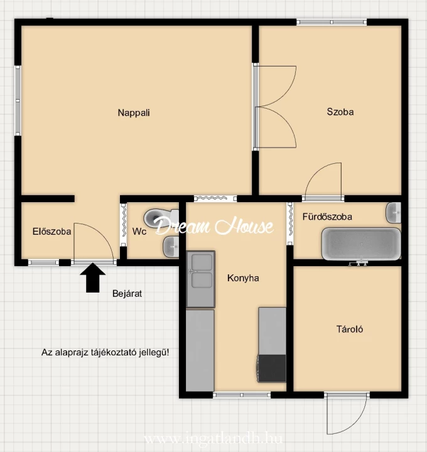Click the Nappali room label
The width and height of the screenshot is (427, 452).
point(134,113)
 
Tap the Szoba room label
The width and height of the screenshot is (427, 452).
point(340,112)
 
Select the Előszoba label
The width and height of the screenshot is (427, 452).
point(52,232)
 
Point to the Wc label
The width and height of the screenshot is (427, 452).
point(139,232)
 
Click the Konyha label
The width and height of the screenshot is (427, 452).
point(243,278)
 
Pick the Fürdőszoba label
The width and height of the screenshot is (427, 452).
point(327,217)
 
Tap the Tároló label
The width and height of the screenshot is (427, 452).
point(350,329)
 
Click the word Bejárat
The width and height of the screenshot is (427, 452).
point(127,294)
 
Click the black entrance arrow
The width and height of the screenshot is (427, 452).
point(92,277)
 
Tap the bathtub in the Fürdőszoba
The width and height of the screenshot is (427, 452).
point(361,244)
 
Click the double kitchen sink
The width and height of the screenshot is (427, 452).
point(200,279)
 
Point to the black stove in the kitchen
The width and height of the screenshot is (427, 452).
point(272,369)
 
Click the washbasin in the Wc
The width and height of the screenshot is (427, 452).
point(171,247)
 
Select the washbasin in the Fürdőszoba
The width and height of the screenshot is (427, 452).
point(393,213)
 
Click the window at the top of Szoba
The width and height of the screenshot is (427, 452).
point(332,22)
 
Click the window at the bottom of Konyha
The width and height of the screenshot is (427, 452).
point(242,395)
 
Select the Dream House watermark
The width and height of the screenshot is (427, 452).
point(214,226)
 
